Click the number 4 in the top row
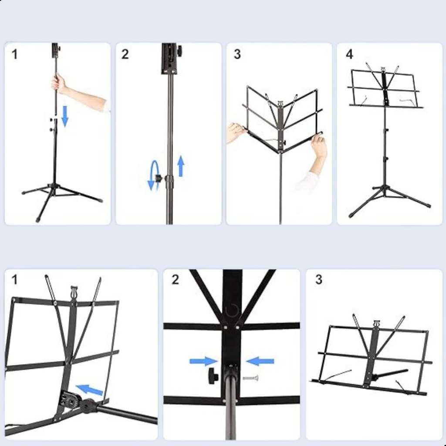(350, 54)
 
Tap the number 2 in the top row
(125, 54)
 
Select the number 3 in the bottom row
(319, 280)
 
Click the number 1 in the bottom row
(14, 280)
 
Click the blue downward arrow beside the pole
(65, 116)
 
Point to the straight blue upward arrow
(181, 166)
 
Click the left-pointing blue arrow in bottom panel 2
(260, 361)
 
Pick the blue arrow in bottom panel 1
(89, 389)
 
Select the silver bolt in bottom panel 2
(250, 378)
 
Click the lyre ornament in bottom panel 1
(74, 291)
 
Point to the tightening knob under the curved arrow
(158, 178)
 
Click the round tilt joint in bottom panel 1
(88, 405)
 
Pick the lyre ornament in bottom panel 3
(377, 324)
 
